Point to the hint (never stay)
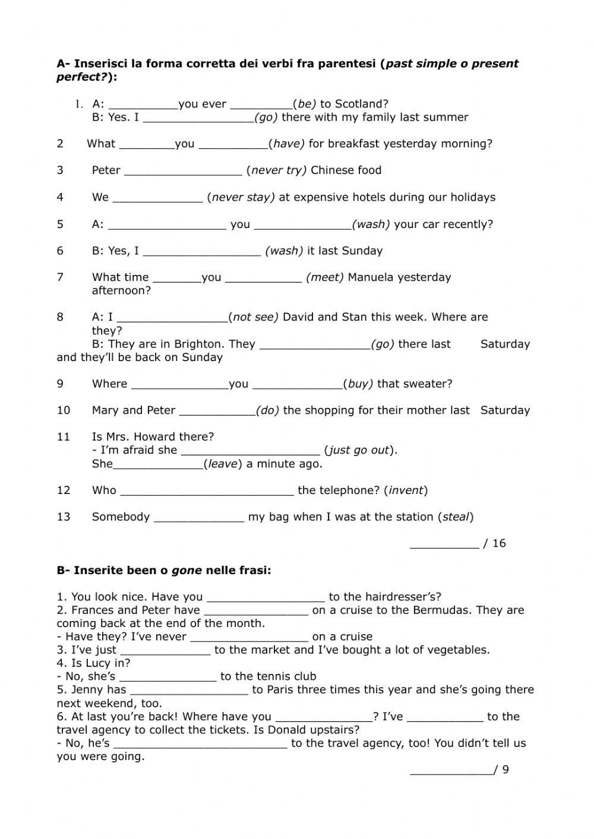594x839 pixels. (241, 197)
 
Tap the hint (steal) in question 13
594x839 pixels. (456, 517)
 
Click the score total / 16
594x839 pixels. (495, 543)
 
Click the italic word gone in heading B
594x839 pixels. (187, 571)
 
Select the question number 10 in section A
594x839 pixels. (64, 410)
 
